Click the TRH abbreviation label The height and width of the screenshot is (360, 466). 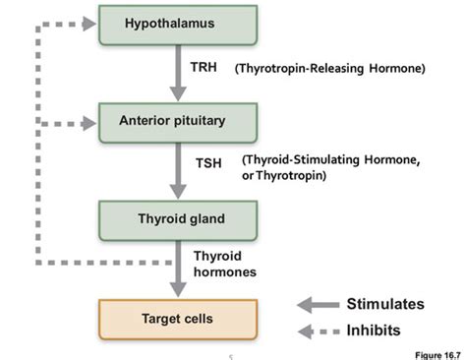pyautogui.click(x=204, y=69)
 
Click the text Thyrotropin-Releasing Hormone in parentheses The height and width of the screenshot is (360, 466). pyautogui.click(x=328, y=69)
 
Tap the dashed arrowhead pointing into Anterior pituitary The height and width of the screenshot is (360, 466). pyautogui.click(x=91, y=123)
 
